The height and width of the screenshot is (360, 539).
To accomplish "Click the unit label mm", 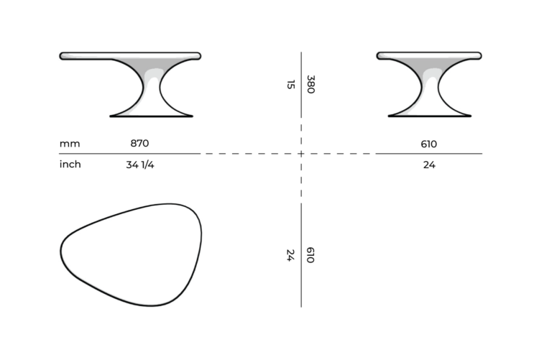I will coord(70,144).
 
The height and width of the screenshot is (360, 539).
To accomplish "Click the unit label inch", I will coord(70,165).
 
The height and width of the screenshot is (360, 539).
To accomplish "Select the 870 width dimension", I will coord(139,143).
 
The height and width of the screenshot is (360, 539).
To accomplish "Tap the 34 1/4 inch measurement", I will coord(139,165).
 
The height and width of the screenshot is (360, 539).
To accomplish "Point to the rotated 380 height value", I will coord(311,85).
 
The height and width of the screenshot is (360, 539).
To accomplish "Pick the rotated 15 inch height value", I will coord(290,85).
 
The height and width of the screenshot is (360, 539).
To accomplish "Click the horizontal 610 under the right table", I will coord(429,144).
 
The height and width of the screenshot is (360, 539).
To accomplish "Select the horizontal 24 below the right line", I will coord(429,165).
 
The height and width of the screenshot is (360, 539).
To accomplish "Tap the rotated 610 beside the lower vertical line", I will coord(310,255).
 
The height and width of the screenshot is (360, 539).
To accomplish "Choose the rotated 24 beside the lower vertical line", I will coord(290,255).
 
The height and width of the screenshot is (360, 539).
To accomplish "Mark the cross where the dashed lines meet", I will coord(301,154).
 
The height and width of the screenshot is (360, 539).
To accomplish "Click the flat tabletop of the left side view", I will coord(129,55).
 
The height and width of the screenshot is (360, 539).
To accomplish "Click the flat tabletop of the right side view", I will coord(429,55).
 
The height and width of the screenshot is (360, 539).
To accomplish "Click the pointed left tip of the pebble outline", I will coord(62,251).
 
